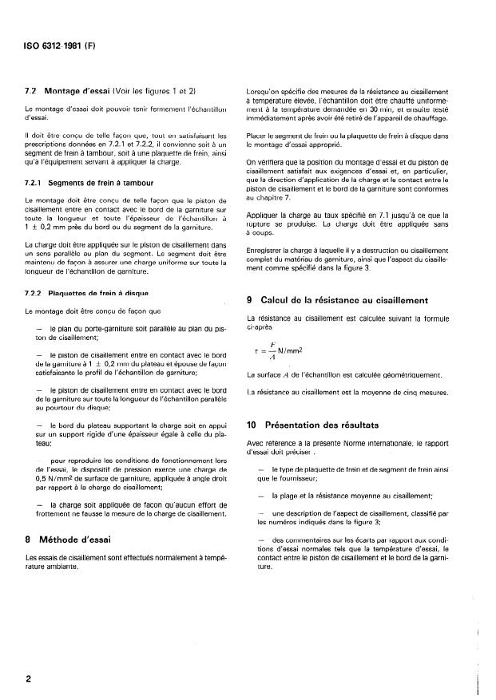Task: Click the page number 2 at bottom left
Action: click(x=28, y=678)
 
